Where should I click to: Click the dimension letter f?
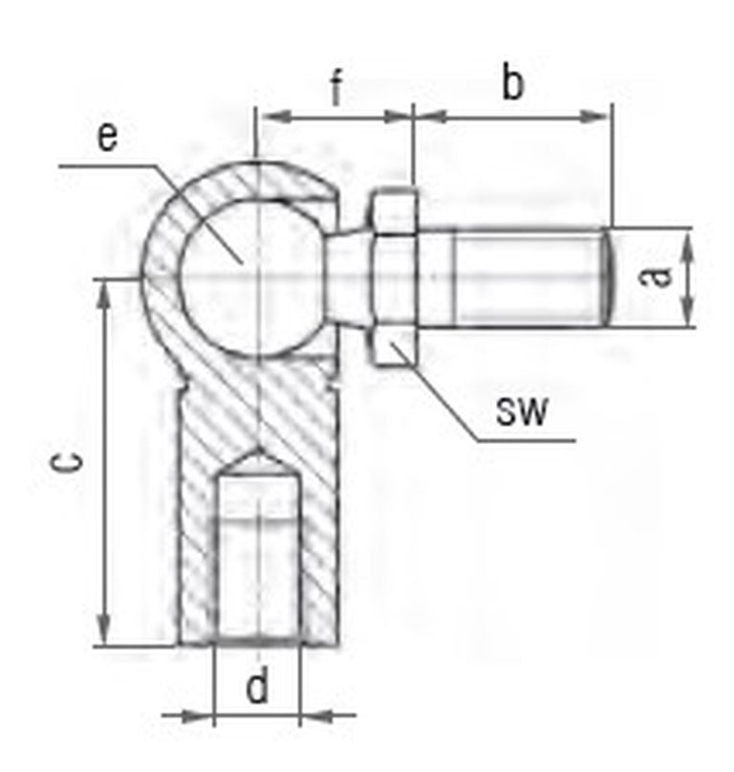tap(336, 88)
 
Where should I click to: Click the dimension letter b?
tap(512, 81)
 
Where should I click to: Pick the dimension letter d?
tap(257, 683)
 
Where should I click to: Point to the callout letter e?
tap(108, 137)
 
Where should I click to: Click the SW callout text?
tap(521, 411)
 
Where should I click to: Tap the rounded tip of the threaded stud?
tap(608, 276)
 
